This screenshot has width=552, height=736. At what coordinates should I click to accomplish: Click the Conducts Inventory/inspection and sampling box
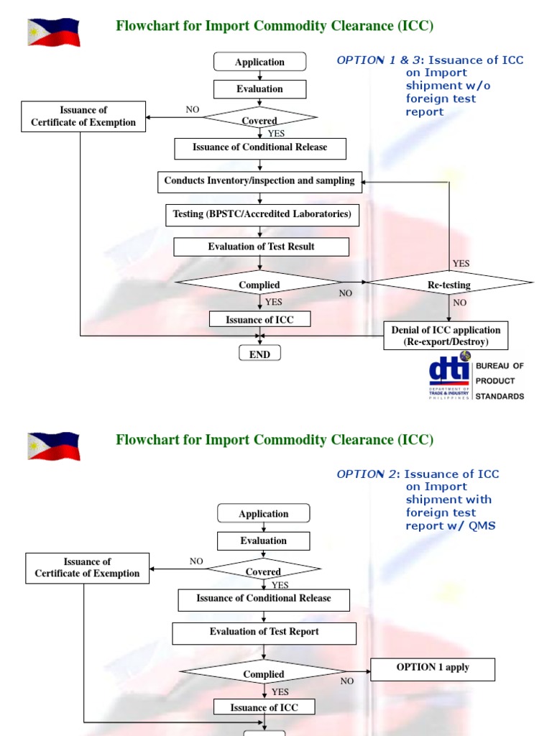coord(259,182)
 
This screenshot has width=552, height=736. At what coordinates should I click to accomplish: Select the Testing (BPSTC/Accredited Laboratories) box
coord(262,215)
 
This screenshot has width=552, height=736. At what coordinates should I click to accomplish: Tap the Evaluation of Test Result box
coord(262,247)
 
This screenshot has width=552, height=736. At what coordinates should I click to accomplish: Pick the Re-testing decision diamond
coord(449,285)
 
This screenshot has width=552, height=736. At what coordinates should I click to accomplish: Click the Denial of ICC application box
coord(446,336)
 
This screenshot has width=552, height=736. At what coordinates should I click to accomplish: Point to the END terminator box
coord(259,354)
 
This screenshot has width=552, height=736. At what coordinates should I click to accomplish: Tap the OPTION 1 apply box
coord(433,668)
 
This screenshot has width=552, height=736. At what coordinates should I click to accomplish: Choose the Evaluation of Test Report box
coord(264,632)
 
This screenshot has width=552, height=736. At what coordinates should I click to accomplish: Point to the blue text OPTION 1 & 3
coord(370,60)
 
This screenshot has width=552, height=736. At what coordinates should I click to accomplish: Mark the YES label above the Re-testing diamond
coord(461,264)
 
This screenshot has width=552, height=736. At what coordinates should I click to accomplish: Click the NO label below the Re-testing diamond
coord(460,303)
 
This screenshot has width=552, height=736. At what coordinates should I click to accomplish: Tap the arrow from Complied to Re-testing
coord(356,284)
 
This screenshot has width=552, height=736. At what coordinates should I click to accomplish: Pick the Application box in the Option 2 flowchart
coord(264,514)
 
